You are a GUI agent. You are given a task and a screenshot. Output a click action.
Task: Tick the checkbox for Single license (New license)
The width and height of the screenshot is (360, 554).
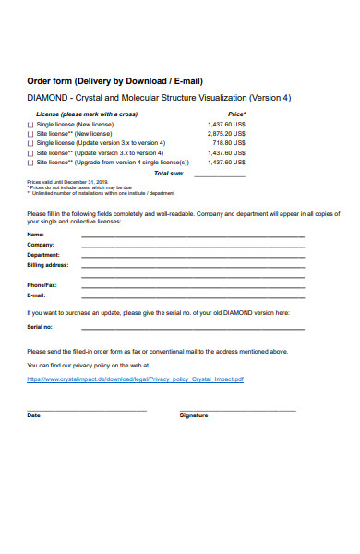tap(30, 124)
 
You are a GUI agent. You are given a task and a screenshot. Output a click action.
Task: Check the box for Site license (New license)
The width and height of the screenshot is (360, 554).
tap(30, 134)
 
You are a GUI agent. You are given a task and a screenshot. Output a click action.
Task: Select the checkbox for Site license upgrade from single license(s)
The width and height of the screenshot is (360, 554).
tap(30, 163)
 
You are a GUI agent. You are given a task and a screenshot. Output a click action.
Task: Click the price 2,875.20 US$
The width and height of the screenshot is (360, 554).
tap(226, 134)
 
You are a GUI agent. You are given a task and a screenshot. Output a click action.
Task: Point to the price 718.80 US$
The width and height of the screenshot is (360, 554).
tap(229, 143)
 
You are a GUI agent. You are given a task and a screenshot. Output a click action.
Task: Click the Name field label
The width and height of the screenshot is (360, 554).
tap(35, 235)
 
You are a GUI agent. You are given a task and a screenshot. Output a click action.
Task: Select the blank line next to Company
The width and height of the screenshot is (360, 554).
tap(193, 247)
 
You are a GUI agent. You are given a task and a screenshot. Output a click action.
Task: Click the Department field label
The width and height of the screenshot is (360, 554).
tap(43, 255)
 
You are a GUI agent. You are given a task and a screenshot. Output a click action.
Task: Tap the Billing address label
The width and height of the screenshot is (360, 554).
tap(48, 265)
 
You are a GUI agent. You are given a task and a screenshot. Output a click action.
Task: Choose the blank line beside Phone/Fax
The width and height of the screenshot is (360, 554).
tap(193, 286)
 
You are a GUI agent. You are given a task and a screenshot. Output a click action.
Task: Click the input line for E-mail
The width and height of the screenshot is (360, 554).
tap(193, 297)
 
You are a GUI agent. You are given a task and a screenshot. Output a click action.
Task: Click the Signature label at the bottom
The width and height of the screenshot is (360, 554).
tap(193, 415)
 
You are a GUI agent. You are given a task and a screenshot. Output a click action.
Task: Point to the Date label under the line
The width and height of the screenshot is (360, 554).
tap(34, 415)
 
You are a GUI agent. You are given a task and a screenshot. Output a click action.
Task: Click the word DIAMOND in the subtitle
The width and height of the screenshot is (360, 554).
tap(46, 98)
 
